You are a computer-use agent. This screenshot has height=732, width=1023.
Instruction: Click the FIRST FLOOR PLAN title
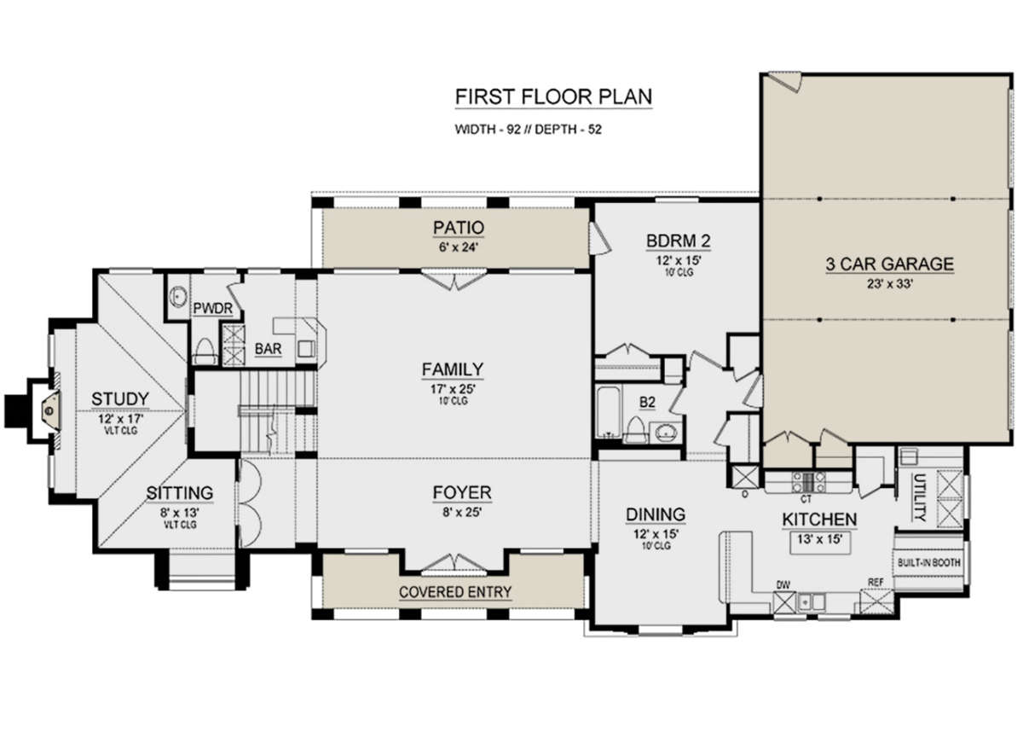click(553, 97)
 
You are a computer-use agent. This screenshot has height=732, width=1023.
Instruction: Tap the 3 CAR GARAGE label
click(890, 264)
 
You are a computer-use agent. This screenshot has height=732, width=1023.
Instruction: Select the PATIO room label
click(459, 227)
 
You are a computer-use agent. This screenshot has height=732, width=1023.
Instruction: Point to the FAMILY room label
click(452, 369)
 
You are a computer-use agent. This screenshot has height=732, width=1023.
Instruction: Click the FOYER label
click(462, 492)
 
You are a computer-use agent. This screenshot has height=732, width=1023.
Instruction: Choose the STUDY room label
click(120, 399)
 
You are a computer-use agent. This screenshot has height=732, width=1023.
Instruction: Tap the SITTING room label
click(180, 493)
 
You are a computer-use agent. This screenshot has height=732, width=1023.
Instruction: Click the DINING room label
click(656, 514)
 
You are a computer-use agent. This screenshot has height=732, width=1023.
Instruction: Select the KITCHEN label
click(819, 520)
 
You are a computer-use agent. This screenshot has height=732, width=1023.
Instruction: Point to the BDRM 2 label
click(679, 241)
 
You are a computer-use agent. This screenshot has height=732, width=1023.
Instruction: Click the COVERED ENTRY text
click(455, 592)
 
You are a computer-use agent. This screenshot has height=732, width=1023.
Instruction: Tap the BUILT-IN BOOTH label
click(929, 562)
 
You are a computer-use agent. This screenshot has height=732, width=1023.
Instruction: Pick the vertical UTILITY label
click(919, 498)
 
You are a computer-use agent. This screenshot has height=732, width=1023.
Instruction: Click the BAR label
click(268, 349)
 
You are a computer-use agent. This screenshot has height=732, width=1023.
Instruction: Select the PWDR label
click(212, 309)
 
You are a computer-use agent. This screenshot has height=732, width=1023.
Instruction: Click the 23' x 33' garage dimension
click(890, 284)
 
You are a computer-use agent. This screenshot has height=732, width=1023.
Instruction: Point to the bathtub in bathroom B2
click(609, 412)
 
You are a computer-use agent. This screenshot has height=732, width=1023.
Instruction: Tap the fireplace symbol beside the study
click(50, 410)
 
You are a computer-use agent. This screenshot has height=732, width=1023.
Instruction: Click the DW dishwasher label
click(783, 585)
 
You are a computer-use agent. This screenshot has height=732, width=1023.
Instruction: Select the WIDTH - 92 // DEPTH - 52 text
click(528, 130)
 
